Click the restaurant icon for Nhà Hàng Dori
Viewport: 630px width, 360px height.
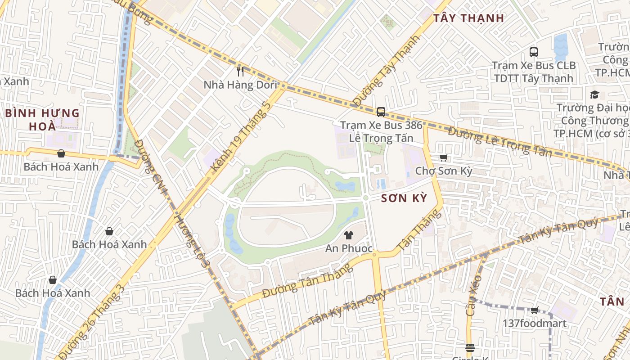coord(240,71)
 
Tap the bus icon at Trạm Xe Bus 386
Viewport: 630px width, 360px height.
coord(381,112)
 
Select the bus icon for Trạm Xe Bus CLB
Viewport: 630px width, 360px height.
coord(533,52)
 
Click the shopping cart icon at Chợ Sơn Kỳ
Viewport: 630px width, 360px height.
coord(443,157)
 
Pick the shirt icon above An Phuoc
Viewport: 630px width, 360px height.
coord(348,235)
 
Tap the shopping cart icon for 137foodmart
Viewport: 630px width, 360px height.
coord(534,310)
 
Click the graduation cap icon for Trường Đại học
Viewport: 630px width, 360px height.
coord(594,94)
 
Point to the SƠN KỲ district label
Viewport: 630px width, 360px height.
coord(404,198)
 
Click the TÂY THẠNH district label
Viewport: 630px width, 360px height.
coord(468,18)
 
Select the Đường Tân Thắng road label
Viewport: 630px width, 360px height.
coord(307,281)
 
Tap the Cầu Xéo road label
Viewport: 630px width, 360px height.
coord(474,295)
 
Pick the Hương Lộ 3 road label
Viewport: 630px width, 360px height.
coord(192,240)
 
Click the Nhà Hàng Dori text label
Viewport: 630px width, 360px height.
coord(240,85)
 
